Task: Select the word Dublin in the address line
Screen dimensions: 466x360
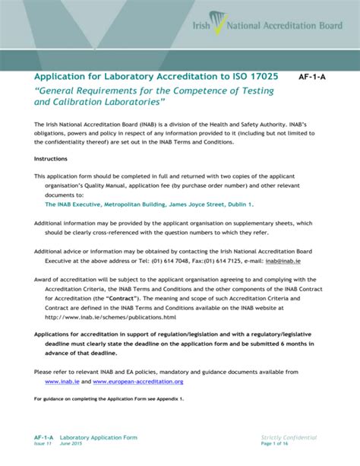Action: (238, 204)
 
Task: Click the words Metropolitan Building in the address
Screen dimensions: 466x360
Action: (132, 204)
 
